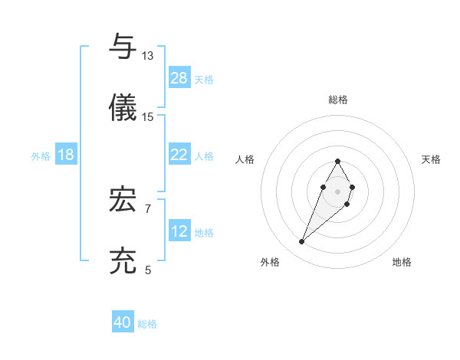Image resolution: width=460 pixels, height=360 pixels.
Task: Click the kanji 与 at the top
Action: click(x=123, y=47)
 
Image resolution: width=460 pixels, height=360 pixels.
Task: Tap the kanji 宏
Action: click(x=123, y=200)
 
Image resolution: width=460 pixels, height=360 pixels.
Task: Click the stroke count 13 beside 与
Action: click(x=148, y=56)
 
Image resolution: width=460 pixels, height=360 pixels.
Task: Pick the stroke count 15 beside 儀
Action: click(x=148, y=116)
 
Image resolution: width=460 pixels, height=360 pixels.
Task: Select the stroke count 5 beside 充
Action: click(x=148, y=270)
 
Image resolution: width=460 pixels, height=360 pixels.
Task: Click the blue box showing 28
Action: click(x=179, y=78)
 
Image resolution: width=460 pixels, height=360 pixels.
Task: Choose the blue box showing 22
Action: click(x=179, y=155)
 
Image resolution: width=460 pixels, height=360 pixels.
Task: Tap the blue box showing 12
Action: click(x=179, y=231)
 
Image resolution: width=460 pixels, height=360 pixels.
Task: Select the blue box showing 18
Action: click(x=66, y=155)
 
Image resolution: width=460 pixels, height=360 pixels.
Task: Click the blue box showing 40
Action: click(x=123, y=322)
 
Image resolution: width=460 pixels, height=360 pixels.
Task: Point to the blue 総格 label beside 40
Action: click(x=147, y=324)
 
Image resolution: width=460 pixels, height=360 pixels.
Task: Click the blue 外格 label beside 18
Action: click(x=41, y=156)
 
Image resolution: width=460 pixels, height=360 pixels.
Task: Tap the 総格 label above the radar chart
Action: click(x=338, y=100)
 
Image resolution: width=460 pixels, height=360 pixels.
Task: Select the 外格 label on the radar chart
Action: click(x=269, y=262)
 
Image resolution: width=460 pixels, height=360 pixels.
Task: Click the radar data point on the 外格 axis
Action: click(x=302, y=242)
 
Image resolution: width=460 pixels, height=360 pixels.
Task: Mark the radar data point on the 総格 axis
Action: click(x=337, y=161)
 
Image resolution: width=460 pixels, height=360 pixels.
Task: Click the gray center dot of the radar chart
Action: click(x=337, y=190)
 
